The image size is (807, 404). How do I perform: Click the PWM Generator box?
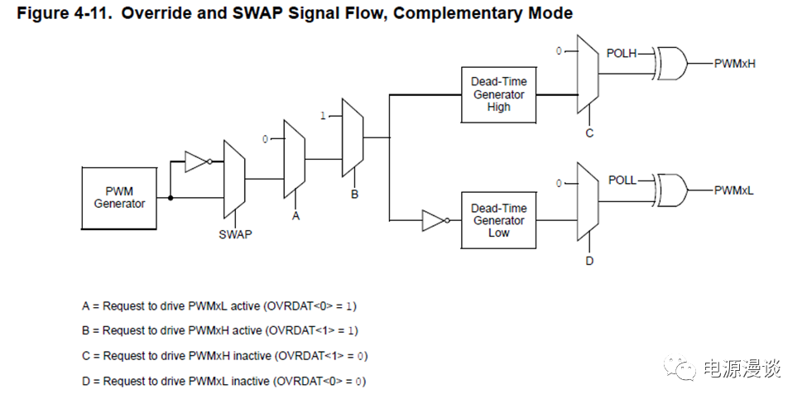119,197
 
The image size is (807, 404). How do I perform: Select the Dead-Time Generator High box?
498,94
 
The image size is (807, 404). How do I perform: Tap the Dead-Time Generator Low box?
498,220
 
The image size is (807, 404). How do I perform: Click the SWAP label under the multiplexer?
235,234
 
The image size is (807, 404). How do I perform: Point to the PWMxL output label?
734,190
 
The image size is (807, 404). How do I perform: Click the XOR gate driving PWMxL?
670,190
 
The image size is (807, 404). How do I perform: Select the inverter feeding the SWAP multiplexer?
196,161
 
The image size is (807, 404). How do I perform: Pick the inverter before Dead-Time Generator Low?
434,220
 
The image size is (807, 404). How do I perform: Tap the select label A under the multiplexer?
295,214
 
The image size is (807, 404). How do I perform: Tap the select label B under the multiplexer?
354,194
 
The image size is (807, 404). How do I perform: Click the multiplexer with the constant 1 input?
353,138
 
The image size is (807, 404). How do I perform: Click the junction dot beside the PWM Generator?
171,198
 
